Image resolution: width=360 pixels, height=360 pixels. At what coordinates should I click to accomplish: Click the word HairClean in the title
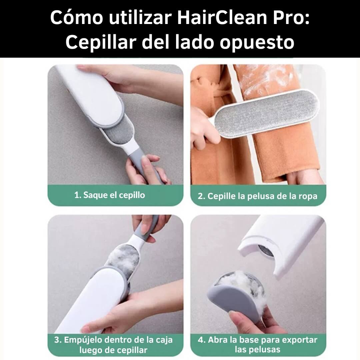tap(222, 18)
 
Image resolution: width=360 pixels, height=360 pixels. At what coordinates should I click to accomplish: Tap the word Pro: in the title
tap(291, 18)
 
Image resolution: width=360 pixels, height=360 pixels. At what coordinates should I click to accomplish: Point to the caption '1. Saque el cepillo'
tap(110, 195)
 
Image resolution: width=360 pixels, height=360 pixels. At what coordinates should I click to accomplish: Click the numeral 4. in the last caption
tap(202, 340)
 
